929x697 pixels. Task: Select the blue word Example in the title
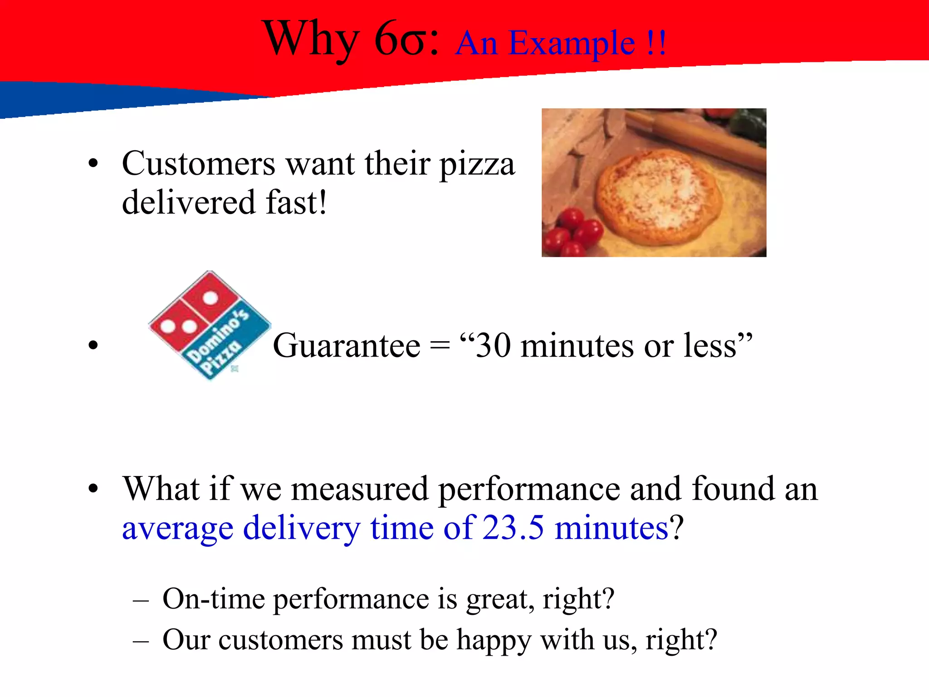click(572, 44)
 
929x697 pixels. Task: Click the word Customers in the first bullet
click(199, 163)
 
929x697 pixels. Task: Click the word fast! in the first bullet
click(296, 202)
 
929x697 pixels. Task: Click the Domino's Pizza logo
click(210, 325)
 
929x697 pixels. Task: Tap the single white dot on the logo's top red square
click(210, 298)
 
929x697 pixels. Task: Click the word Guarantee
click(347, 346)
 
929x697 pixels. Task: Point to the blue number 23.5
click(513, 528)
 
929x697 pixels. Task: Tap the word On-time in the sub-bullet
click(214, 599)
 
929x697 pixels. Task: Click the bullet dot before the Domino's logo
click(93, 346)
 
